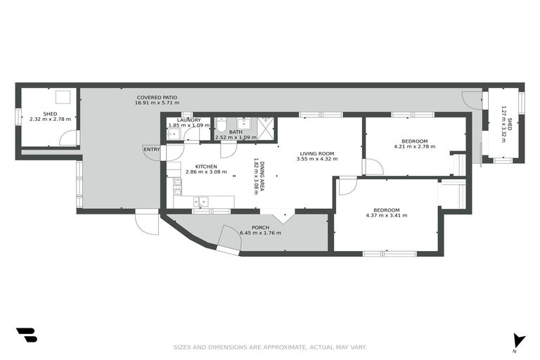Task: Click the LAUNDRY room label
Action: click(189, 120)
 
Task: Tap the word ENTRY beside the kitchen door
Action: click(151, 148)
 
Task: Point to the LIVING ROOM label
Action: click(316, 153)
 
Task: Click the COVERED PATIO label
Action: click(157, 97)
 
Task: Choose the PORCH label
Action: click(260, 226)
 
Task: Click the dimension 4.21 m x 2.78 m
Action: click(414, 147)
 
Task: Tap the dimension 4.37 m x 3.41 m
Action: click(386, 216)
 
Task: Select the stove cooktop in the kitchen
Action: click(177, 186)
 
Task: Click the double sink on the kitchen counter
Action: click(201, 202)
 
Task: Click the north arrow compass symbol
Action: click(518, 340)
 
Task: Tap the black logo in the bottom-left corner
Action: click(26, 335)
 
